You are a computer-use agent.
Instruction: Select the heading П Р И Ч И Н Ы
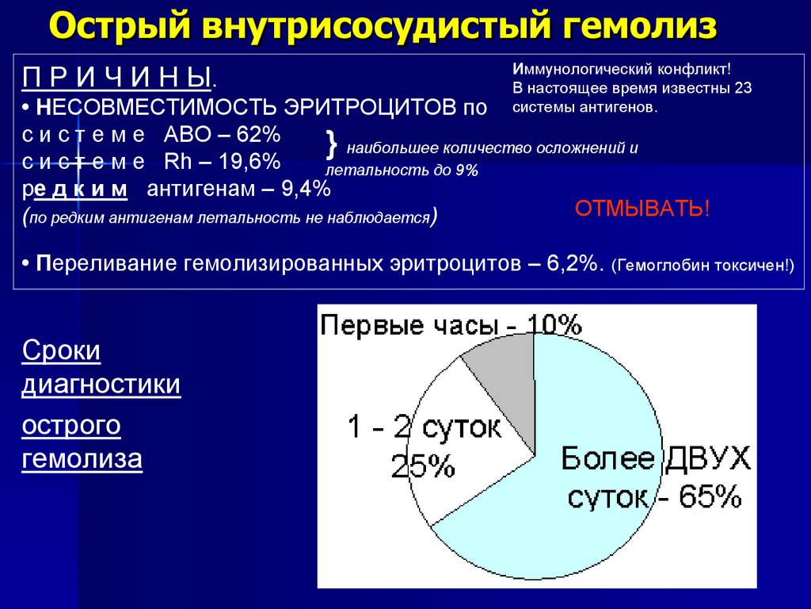coord(118,79)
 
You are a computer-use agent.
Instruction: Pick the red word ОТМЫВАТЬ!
coord(642,209)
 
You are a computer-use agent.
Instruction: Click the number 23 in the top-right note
coord(742,87)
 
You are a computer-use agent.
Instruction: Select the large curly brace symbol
coord(332,145)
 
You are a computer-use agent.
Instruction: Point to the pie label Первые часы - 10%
coord(451,324)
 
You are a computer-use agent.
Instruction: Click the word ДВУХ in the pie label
coord(706,459)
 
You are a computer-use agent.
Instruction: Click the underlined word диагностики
coord(101,385)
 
